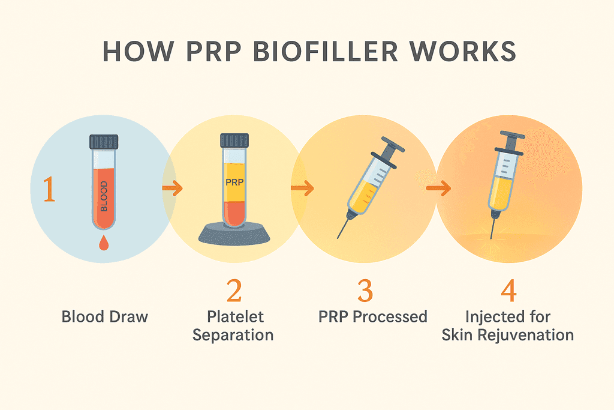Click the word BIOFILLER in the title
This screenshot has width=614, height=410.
pos(326,52)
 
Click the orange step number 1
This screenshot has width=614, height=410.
pos(49,189)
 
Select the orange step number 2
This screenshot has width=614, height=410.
pos(234,291)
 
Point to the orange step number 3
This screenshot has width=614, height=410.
pos(365,291)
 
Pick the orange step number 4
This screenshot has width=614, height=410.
pos(508,291)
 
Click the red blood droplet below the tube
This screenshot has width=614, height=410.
pos(103,243)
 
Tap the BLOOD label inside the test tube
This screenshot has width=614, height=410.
pos(104,196)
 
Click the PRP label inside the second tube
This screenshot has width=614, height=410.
pos(234,182)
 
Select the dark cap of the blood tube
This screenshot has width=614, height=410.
pos(104,142)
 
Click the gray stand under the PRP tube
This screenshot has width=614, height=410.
pos(234,234)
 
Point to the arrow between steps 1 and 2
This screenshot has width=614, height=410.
pos(173,188)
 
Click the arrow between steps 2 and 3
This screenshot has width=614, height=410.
pos(302,188)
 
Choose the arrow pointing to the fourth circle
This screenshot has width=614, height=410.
pos(438,188)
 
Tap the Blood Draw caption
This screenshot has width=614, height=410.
pos(104,317)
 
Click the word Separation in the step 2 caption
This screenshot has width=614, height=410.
pos(233,336)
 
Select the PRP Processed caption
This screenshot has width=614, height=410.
pos(373,317)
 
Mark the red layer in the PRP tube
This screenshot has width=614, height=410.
pos(234,214)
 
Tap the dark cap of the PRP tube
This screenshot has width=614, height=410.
pos(234,140)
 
